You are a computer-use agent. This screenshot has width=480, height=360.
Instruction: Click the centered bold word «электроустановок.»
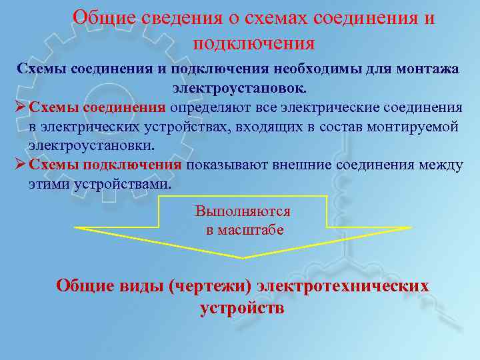pyautogui.click(x=240, y=88)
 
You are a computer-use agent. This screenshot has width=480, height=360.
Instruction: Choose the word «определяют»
pyautogui.click(x=211, y=107)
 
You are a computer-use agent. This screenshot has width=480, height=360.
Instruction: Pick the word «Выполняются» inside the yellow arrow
pyautogui.click(x=243, y=211)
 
